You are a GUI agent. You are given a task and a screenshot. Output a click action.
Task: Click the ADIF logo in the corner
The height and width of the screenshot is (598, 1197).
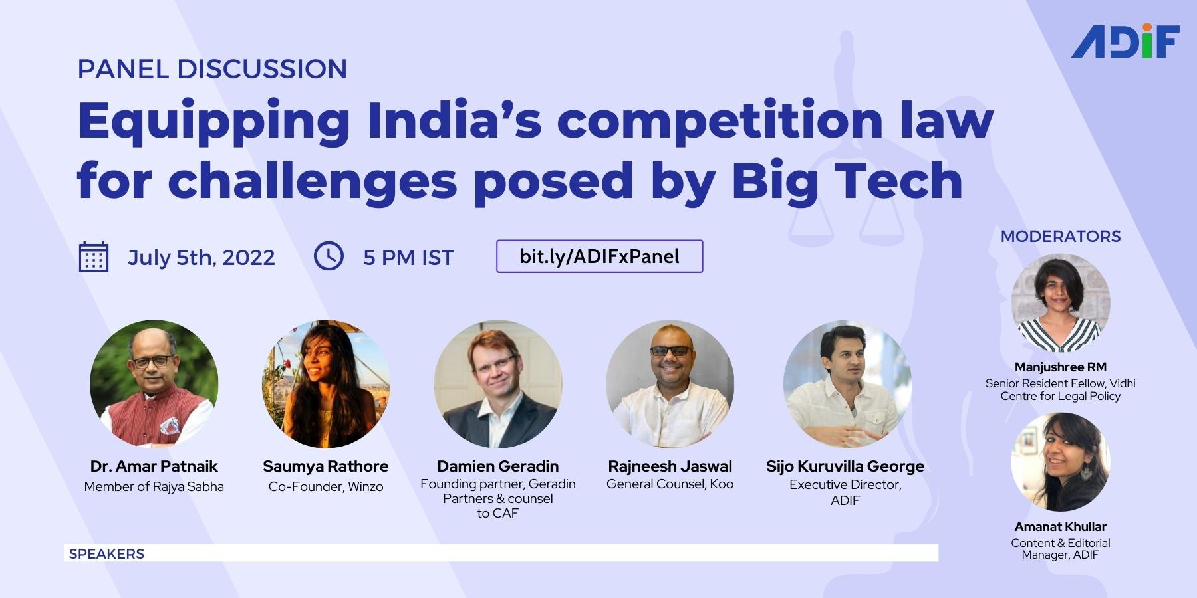pos(1125,42)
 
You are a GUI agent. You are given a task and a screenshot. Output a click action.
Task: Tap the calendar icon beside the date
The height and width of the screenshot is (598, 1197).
pos(93,257)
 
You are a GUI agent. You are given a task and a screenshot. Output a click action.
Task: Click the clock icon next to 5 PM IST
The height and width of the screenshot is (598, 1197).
pos(329,256)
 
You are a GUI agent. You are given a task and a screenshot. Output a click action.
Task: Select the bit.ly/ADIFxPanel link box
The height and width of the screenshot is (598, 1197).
pos(599,256)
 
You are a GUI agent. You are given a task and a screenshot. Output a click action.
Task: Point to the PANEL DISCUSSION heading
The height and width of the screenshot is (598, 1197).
pos(212,69)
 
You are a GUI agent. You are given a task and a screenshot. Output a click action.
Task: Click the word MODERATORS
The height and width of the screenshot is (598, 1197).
pos(1060,236)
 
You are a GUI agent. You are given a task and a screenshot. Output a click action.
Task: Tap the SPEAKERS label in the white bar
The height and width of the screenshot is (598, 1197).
pos(106,553)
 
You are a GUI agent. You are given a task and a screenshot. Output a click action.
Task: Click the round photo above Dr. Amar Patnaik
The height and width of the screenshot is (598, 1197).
pos(154,384)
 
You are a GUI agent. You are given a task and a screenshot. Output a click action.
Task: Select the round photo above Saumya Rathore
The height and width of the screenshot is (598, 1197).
pos(326,384)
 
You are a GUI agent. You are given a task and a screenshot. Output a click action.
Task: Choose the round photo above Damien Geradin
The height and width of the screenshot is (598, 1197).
pos(498,384)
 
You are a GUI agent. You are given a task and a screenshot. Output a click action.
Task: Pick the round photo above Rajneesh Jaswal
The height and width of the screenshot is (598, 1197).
pos(670,384)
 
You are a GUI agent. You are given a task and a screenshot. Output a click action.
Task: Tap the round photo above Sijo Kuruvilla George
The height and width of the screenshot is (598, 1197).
pos(847,384)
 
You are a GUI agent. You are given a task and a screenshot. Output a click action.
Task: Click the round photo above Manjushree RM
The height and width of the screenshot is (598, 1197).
pos(1060,303)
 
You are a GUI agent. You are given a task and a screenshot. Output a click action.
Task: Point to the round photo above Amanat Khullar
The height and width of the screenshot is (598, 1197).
pos(1060,462)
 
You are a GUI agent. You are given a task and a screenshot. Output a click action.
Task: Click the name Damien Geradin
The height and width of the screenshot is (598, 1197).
pos(497,466)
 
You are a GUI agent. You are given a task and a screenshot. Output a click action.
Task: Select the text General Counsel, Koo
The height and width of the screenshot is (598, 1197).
pos(670,484)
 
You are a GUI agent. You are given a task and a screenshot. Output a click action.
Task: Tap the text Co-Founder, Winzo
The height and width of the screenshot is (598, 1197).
pos(326,486)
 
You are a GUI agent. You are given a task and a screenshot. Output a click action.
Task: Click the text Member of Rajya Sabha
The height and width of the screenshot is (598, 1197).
pos(154,486)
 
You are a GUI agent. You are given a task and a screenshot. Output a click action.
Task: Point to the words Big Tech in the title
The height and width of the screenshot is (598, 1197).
pos(847,180)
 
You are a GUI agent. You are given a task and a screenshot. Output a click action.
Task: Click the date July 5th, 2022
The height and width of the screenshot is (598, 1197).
pos(201,258)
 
